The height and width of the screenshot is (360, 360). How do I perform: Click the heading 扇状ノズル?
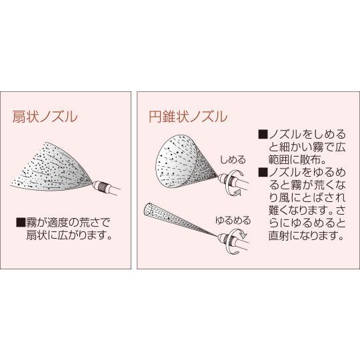[x=45, y=116]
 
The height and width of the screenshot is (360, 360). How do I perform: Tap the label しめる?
[x=233, y=160]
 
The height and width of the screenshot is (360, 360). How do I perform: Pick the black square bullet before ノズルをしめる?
[x=263, y=134]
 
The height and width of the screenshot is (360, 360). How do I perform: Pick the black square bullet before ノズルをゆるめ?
[x=263, y=172]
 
